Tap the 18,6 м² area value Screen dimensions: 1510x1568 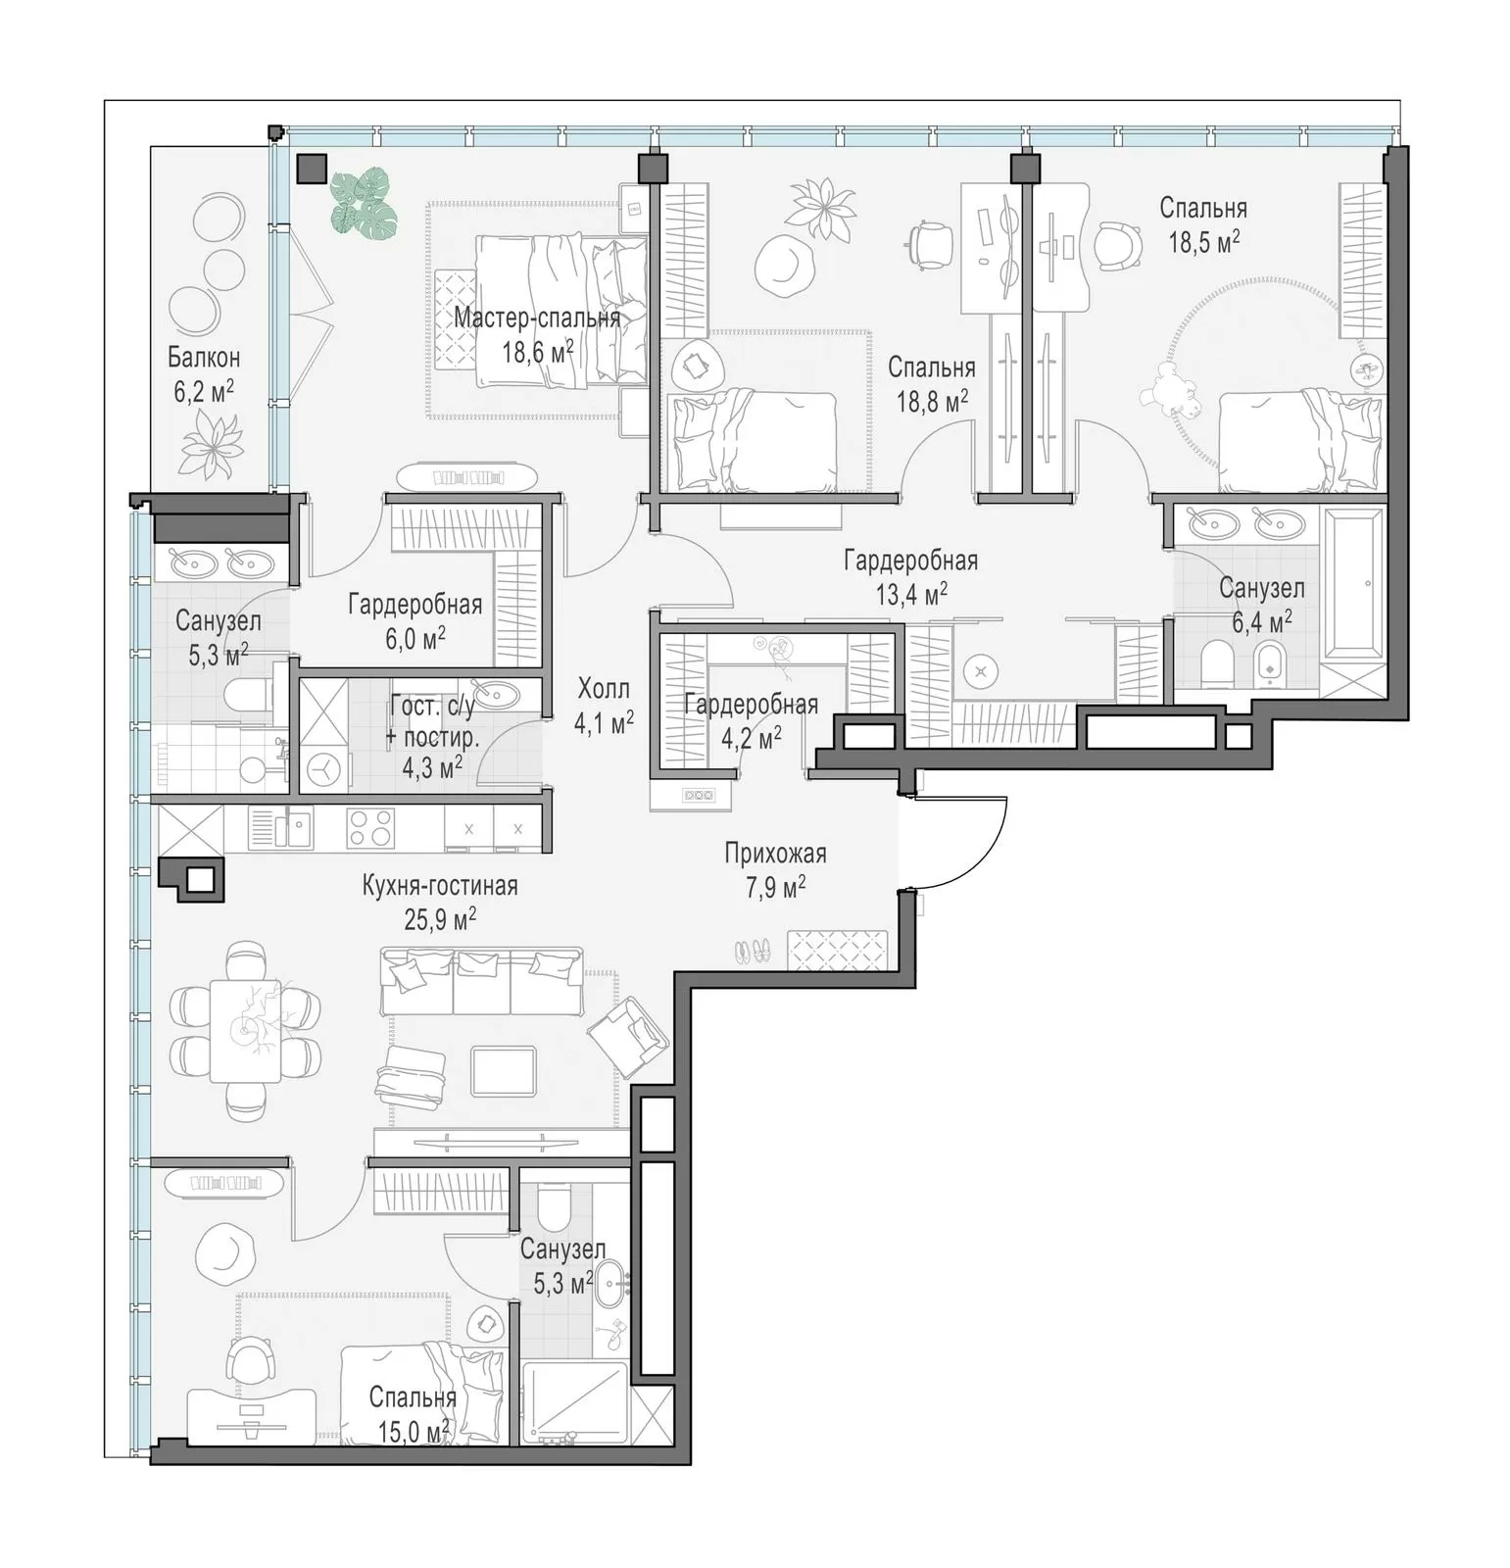538,351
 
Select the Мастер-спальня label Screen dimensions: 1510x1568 537,318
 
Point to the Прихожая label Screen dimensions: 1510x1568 775,853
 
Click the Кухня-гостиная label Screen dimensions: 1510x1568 440,886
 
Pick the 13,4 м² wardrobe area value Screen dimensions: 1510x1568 910,593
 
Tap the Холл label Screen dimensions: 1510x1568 604,688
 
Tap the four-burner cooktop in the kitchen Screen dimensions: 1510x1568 371,828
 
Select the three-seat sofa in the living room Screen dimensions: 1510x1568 481,980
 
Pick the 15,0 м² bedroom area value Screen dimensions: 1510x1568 414,1433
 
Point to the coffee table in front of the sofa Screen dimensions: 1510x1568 504,1070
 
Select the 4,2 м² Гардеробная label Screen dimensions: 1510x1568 752,720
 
